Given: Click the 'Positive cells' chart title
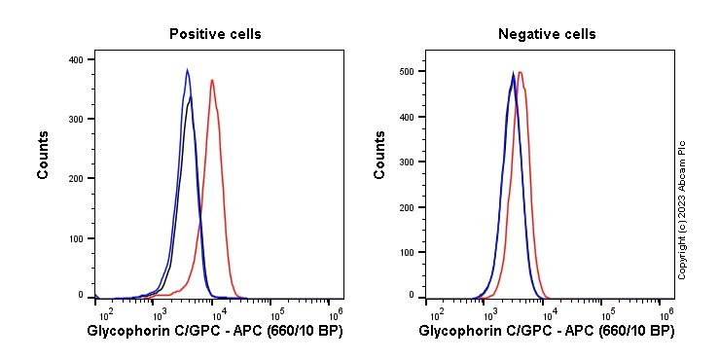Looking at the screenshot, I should pyautogui.click(x=215, y=34).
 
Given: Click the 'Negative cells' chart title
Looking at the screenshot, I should pyautogui.click(x=547, y=34).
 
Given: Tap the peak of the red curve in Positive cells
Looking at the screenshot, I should pyautogui.click(x=212, y=80).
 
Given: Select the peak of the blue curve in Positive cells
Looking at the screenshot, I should pyautogui.click(x=188, y=69).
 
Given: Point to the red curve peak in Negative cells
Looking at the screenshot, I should pyautogui.click(x=521, y=72).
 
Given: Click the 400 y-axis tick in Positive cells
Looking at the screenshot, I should pyautogui.click(x=75, y=59).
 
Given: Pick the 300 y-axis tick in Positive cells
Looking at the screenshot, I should pyautogui.click(x=75, y=119).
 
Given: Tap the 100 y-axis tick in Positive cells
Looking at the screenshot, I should pyautogui.click(x=75, y=237).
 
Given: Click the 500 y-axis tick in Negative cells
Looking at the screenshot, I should pyautogui.click(x=407, y=71).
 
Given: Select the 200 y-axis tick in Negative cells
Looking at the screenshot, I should pyautogui.click(x=407, y=207).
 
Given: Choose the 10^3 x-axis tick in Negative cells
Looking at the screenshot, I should pyautogui.click(x=493, y=314).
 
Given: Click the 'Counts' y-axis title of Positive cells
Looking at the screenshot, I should pyautogui.click(x=44, y=155).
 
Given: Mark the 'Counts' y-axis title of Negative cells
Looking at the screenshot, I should pyautogui.click(x=379, y=155).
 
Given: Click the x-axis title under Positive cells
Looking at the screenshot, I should pyautogui.click(x=215, y=333).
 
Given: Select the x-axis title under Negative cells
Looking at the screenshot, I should pyautogui.click(x=547, y=333).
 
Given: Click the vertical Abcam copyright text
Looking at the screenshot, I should pyautogui.click(x=682, y=209).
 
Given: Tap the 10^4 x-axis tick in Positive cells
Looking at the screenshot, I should pyautogui.click(x=219, y=314).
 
